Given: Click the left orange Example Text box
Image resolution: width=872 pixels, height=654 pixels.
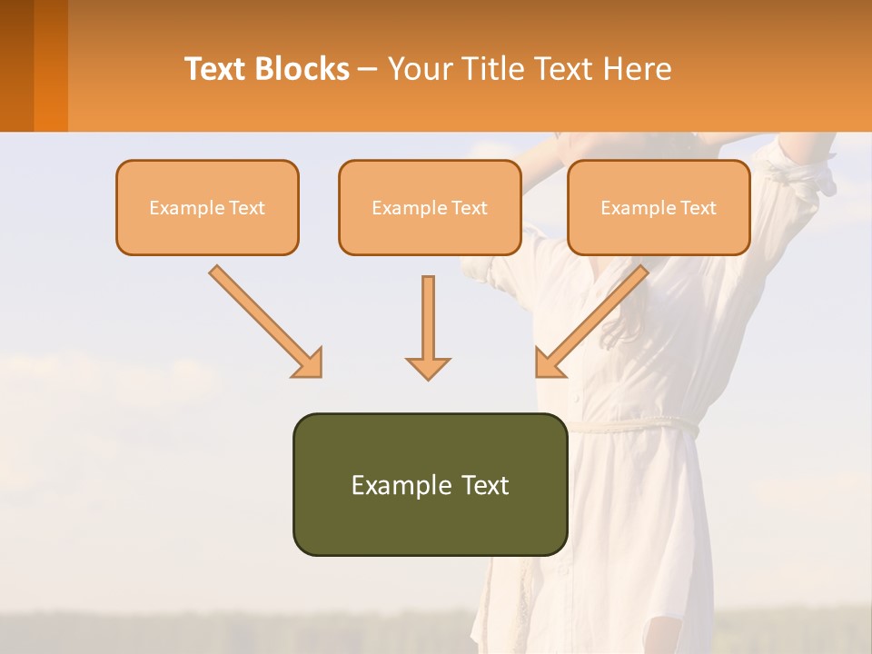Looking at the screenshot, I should [207, 207].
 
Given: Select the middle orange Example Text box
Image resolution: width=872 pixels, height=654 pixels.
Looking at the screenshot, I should [430, 207].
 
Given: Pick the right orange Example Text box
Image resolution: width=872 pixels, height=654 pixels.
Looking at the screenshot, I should [659, 207].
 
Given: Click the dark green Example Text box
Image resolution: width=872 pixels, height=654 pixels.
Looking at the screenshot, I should [430, 484].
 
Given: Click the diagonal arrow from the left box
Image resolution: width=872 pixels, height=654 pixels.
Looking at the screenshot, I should [264, 320].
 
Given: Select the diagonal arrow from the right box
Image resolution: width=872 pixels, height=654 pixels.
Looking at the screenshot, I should [592, 320].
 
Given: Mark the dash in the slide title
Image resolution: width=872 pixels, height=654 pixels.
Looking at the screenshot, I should [368, 69].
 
